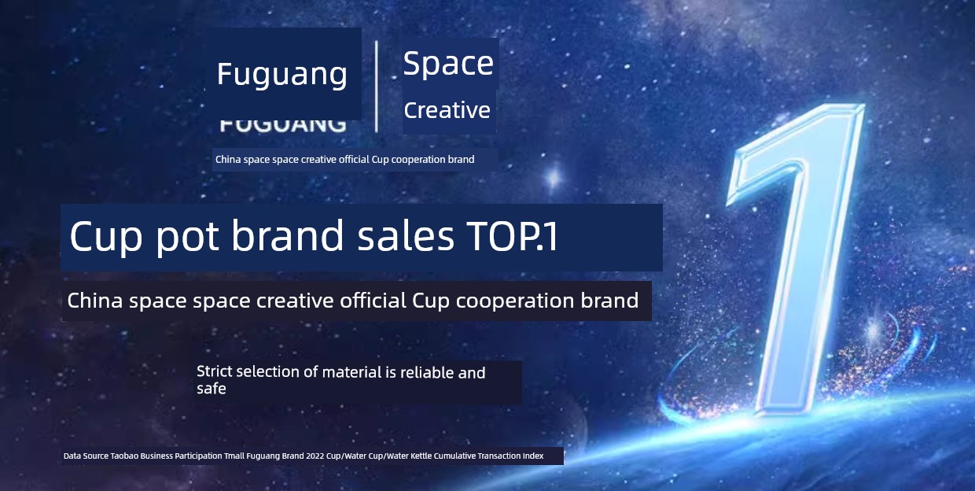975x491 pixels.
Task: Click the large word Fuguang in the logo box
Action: point(282,74)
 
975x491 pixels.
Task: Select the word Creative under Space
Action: point(447,110)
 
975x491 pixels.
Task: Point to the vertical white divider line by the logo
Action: point(377,87)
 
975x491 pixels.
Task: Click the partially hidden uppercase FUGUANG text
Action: point(283,125)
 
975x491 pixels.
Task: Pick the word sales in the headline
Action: point(406,236)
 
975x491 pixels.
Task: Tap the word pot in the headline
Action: point(187,238)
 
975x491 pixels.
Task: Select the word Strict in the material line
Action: point(213,371)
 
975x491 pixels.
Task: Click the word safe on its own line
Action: point(211,388)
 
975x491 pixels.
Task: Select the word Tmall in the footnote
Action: point(234,456)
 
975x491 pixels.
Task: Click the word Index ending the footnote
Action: point(533,456)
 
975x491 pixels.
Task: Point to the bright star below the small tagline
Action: point(554,178)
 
